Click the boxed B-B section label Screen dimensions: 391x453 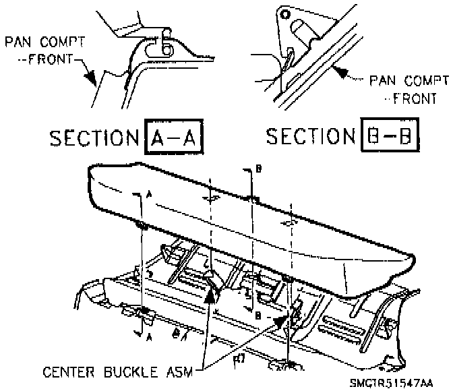tap(387, 137)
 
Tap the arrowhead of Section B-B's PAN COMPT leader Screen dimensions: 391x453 tap(340, 69)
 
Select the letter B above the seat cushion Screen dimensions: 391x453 tap(257, 171)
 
